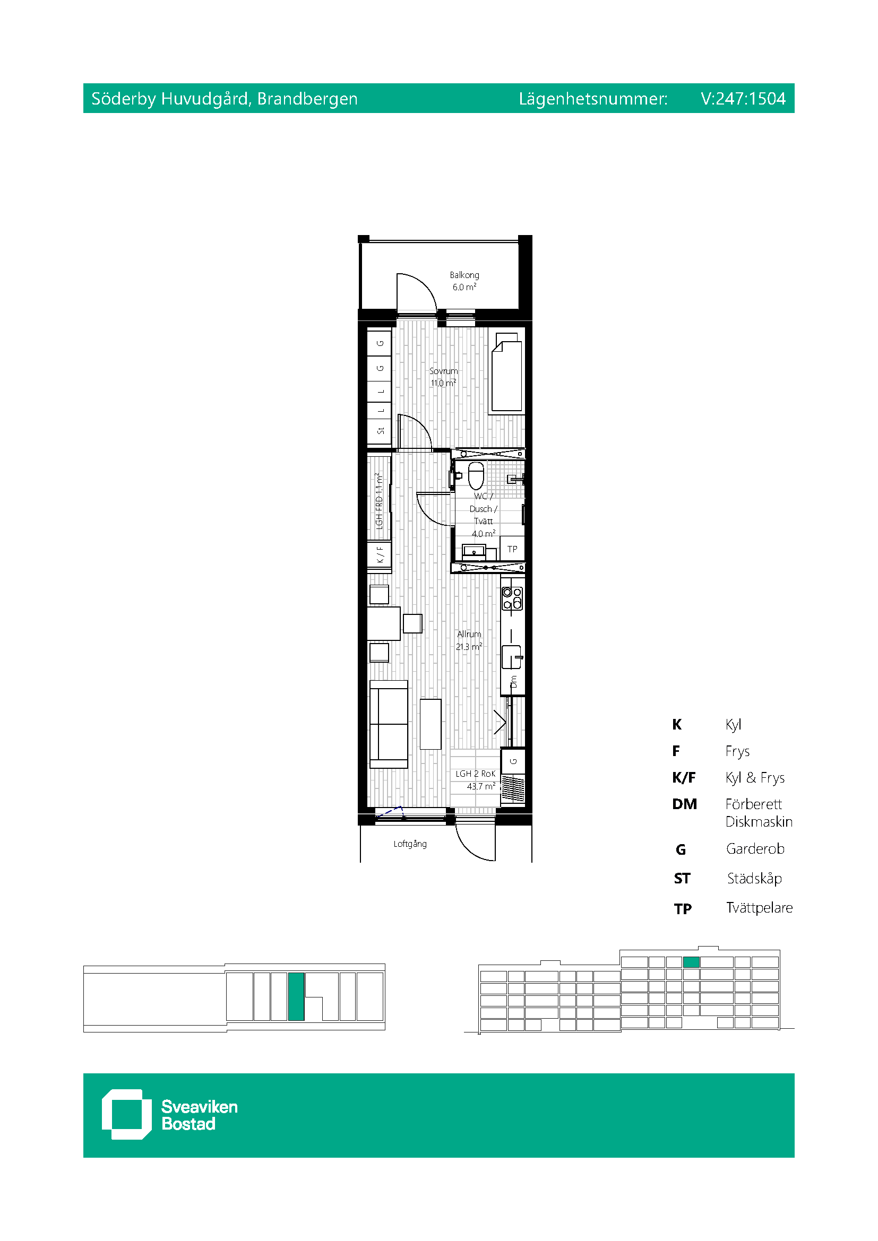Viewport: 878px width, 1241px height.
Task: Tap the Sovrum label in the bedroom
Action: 443,371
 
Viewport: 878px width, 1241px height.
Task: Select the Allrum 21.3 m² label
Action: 469,640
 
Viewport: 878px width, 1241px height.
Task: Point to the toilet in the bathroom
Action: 476,475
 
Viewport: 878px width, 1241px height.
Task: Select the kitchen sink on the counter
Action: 511,657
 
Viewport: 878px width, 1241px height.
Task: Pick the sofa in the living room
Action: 389,724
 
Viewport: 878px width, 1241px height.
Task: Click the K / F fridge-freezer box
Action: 380,554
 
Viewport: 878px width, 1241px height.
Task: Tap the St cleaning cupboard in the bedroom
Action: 380,431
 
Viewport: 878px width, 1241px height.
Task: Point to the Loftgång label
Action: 410,844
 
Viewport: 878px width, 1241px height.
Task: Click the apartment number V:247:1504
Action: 743,98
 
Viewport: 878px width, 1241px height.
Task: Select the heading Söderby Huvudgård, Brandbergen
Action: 225,99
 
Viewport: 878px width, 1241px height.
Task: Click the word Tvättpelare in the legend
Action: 759,907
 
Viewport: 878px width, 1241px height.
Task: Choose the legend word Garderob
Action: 755,848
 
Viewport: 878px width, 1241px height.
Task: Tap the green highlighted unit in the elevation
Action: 692,961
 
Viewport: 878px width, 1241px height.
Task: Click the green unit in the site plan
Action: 296,996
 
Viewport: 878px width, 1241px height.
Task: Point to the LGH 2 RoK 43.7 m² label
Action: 476,780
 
